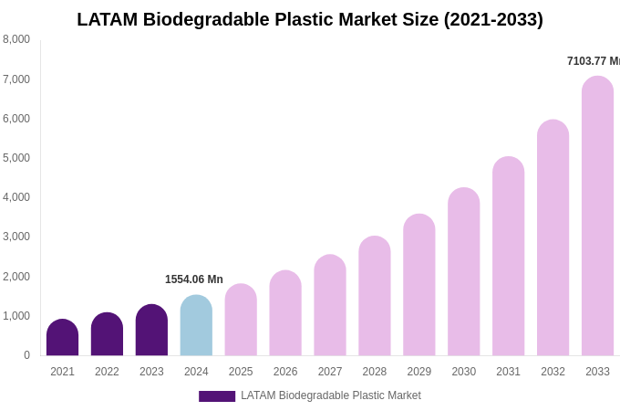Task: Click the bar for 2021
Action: (x=62, y=338)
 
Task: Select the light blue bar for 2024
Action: (x=196, y=326)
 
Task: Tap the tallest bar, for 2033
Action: (x=597, y=216)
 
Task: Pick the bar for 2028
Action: (x=374, y=296)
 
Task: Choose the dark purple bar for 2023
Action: (x=151, y=331)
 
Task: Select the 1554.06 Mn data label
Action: (x=193, y=279)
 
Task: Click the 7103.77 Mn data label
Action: (x=593, y=61)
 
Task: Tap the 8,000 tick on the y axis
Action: (x=16, y=39)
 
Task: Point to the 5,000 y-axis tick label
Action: (x=16, y=158)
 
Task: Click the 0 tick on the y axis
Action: (x=26, y=355)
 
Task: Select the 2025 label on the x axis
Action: (x=241, y=372)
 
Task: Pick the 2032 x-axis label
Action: (x=553, y=372)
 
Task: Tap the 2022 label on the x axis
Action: (x=107, y=372)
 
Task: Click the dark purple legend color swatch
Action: (x=217, y=396)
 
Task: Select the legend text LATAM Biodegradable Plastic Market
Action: (x=331, y=395)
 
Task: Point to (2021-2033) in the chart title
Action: (x=493, y=19)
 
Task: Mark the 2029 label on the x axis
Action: (x=418, y=372)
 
